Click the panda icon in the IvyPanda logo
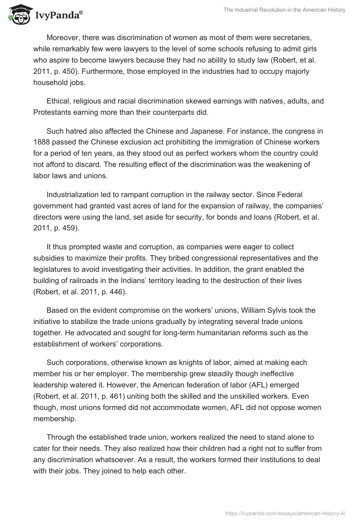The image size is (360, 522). [17, 14]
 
